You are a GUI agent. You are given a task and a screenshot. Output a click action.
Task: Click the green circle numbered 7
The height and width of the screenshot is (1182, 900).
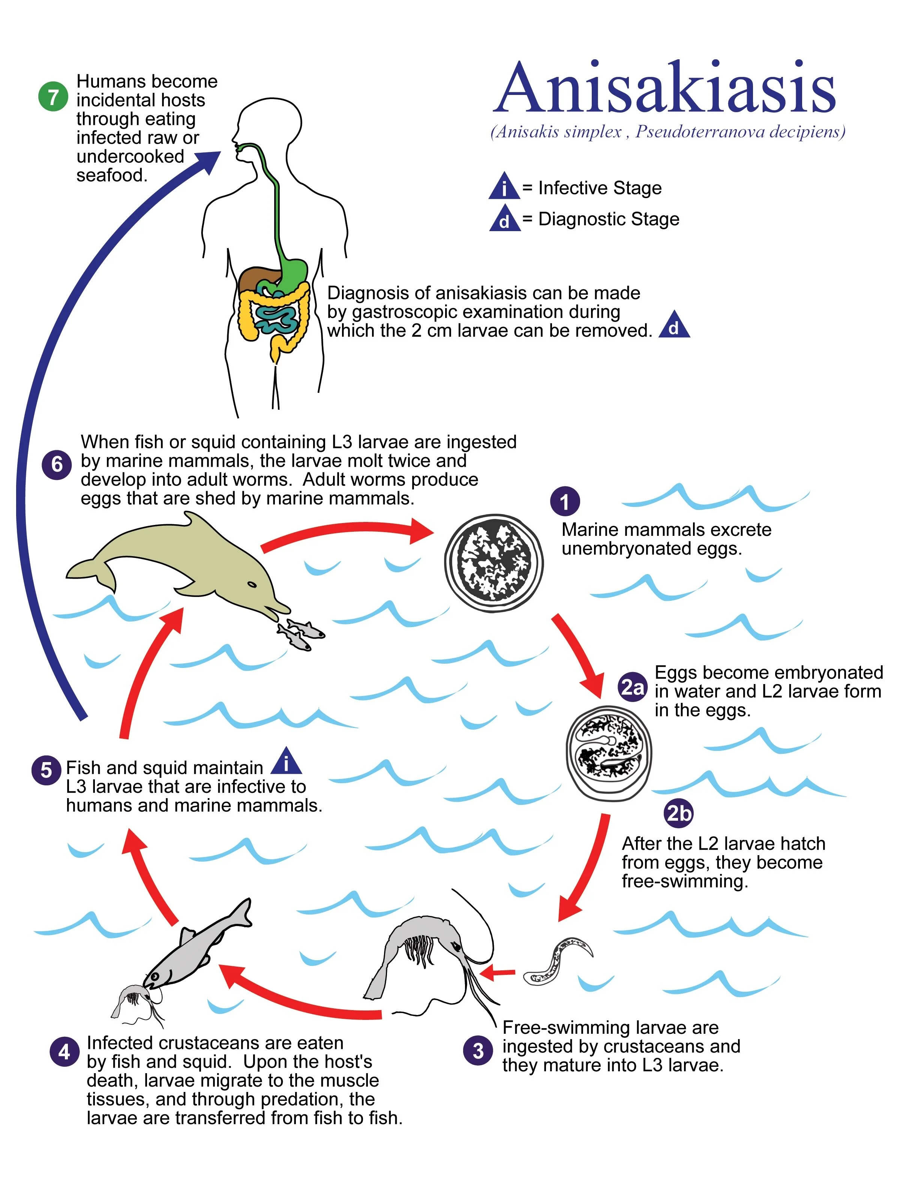coord(53,97)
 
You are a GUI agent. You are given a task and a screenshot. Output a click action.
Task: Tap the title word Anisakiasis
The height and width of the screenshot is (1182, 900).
coord(664,89)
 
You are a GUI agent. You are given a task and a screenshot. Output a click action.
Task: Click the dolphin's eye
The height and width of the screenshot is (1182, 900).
coord(251,584)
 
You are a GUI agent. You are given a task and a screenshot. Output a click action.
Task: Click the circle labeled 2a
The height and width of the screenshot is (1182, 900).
coord(632,687)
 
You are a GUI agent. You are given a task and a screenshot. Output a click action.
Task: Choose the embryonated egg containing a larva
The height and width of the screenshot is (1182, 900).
coord(609,753)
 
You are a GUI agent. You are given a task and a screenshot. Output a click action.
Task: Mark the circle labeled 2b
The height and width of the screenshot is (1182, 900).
coord(678,813)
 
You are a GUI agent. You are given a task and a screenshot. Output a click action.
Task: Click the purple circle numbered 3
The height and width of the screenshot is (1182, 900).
coord(478,1051)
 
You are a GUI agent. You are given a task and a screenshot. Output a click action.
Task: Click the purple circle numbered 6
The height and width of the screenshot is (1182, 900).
coord(56,464)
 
